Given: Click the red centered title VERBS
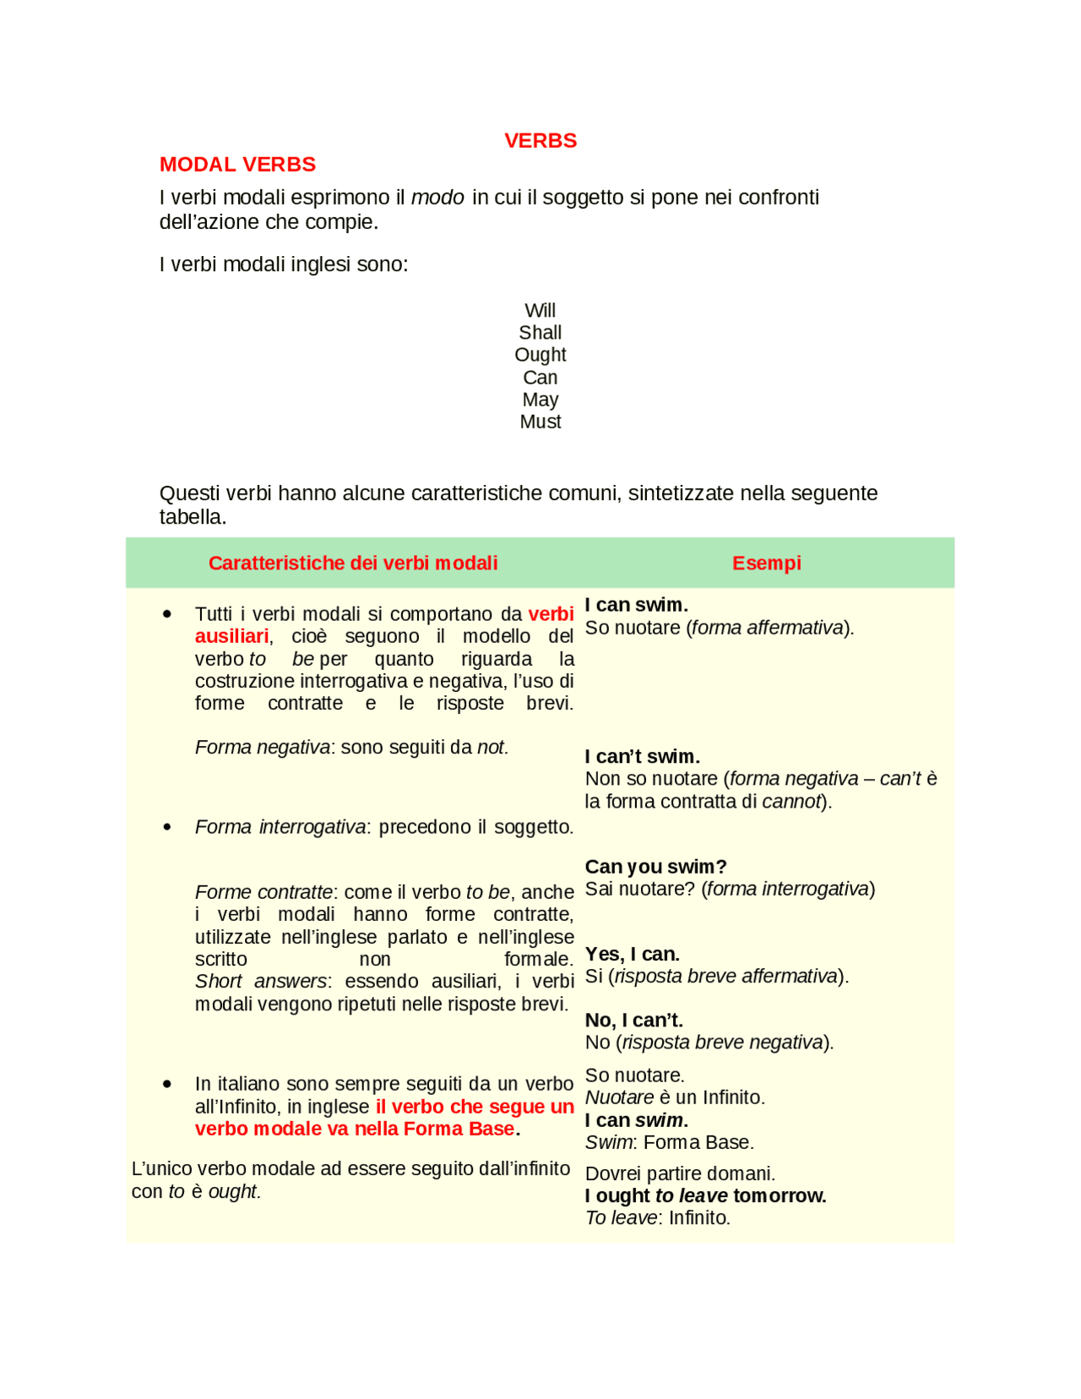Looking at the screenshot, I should click(540, 140).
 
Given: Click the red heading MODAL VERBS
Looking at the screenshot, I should click(237, 164).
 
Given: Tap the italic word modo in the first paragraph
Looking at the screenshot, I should click(437, 197).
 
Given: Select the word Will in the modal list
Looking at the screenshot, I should click(540, 310).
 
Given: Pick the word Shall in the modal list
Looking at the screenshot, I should click(540, 332).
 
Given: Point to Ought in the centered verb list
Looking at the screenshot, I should click(540, 354).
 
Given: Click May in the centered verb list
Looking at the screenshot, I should click(540, 399).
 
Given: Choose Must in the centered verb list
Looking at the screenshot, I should click(540, 421).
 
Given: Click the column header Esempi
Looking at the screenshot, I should click(766, 563).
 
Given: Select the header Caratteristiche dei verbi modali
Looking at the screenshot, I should click(353, 563).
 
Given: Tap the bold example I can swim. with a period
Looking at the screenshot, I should click(636, 605).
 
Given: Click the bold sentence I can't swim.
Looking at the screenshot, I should click(642, 756).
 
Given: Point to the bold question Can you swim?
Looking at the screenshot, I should click(655, 866).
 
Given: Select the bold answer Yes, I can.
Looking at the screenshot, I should click(632, 954).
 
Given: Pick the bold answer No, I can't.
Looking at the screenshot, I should click(633, 1020).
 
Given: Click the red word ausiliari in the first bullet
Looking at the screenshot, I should click(231, 636).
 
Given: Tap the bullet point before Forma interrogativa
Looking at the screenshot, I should click(167, 827).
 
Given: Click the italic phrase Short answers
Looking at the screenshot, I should click(261, 981).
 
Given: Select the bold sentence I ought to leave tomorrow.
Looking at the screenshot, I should click(705, 1195).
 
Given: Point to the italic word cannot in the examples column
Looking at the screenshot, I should click(791, 801).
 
